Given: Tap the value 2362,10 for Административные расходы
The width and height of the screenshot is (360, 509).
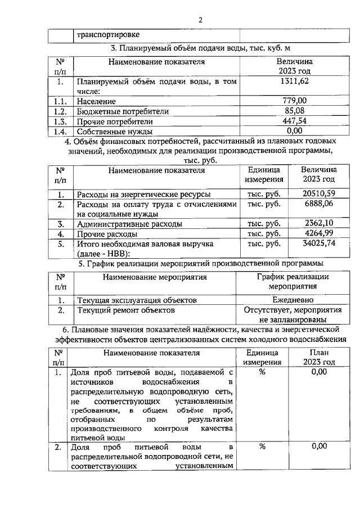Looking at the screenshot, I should click(x=319, y=224).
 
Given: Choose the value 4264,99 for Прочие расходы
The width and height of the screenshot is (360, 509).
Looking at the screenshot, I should click(x=319, y=233).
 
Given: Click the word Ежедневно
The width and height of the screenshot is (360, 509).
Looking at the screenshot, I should click(x=293, y=300).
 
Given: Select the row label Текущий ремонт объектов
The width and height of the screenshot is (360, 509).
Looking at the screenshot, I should click(x=126, y=310).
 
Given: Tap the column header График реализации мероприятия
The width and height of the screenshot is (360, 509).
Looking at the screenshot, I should click(x=293, y=281).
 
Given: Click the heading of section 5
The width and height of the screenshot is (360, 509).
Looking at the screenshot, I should click(x=201, y=263).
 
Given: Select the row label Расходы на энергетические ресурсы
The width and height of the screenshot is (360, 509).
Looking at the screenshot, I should click(x=144, y=195).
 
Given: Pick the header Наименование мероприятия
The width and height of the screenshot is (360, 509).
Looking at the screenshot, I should click(x=155, y=277).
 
